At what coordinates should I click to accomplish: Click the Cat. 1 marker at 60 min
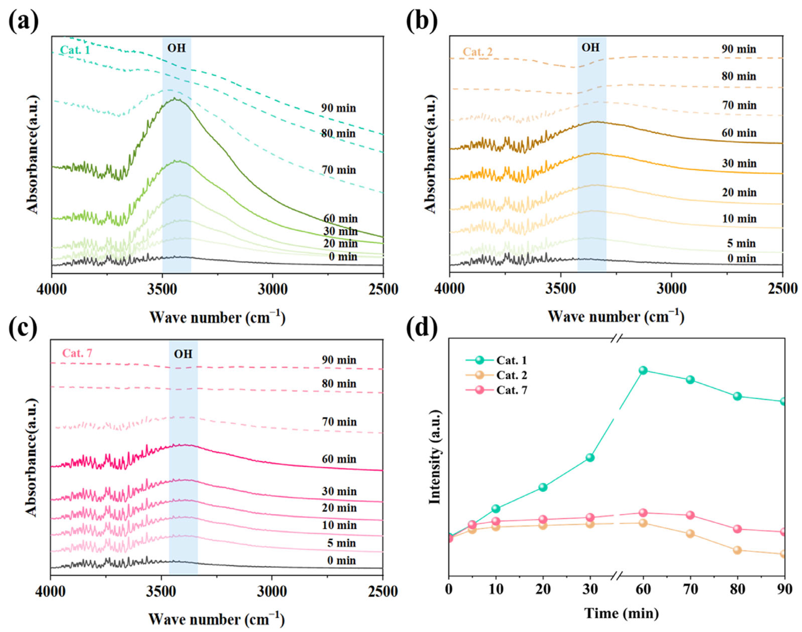tap(643, 370)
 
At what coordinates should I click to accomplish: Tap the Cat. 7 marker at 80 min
tap(737, 529)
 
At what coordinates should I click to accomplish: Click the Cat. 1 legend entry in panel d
tap(495, 360)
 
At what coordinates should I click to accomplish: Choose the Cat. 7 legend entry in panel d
tap(495, 390)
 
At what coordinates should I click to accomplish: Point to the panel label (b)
tap(422, 21)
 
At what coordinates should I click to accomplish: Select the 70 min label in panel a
tap(338, 170)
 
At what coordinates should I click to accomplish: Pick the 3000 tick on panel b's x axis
tap(671, 289)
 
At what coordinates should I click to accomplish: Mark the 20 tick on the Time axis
tap(543, 589)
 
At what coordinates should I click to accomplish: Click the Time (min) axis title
tap(621, 613)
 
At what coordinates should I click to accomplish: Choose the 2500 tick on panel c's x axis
tap(383, 591)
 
